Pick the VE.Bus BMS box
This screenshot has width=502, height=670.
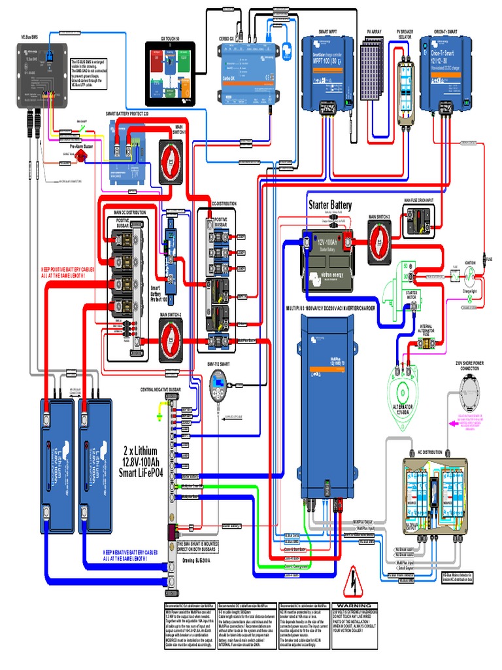[x=40, y=75]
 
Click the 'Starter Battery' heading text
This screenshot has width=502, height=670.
[x=330, y=205]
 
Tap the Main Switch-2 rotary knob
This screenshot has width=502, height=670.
[x=171, y=341]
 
